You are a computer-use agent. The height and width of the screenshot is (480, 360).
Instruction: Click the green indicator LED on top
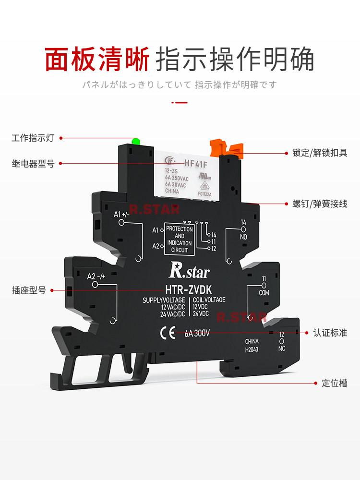(x=136, y=141)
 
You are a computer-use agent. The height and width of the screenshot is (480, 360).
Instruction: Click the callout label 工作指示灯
(x=33, y=138)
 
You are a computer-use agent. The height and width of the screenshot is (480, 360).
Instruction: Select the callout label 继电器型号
(x=33, y=164)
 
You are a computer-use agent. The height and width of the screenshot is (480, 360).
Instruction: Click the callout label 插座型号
(x=29, y=290)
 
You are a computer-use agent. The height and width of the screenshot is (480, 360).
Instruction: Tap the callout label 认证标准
(x=330, y=332)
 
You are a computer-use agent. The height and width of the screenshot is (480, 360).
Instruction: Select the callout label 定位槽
(x=334, y=383)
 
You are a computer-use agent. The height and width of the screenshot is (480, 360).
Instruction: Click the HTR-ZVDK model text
(x=185, y=289)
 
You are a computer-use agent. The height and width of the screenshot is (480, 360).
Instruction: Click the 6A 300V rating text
(x=197, y=333)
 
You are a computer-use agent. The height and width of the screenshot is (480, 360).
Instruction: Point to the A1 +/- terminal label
(x=121, y=215)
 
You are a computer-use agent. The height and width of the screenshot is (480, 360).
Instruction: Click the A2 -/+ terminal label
(x=96, y=276)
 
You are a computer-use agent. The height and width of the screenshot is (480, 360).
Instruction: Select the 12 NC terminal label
(x=282, y=341)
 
